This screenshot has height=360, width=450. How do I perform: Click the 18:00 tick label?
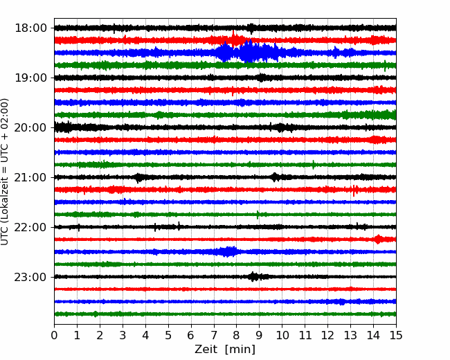[30, 28]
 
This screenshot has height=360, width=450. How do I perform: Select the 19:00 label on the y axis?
[30, 78]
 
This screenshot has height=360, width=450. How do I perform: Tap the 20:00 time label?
[30, 127]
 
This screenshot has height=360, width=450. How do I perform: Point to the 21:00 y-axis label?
[30, 177]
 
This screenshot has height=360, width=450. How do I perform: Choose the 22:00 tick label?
[30, 227]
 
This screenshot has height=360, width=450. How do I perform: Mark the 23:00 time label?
[30, 277]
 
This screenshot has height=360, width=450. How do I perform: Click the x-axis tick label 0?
[54, 335]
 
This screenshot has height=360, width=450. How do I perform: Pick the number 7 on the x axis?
[213, 335]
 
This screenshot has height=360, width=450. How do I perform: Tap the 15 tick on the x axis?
[396, 335]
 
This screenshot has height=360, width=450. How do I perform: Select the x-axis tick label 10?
[282, 335]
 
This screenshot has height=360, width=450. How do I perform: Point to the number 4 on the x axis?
[145, 335]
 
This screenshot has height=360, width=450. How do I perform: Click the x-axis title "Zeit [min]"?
[225, 350]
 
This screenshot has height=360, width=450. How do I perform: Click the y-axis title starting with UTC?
[5, 172]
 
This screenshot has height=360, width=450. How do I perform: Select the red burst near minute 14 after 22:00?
[378, 239]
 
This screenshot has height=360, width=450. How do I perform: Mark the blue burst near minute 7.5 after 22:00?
[226, 251]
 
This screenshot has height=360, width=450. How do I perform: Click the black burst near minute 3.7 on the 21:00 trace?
[138, 178]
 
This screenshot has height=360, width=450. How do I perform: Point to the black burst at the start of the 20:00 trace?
[64, 127]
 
